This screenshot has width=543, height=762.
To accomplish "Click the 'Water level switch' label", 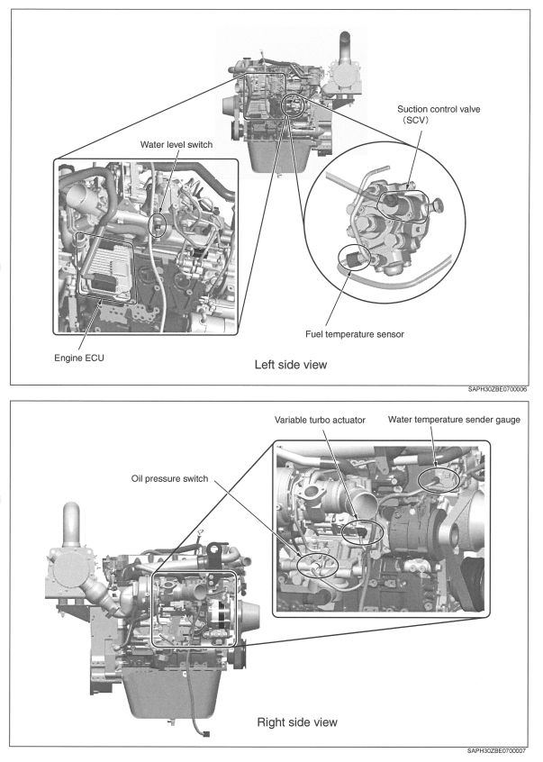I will [x=179, y=144].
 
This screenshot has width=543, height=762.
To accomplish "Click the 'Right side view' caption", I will [x=297, y=721].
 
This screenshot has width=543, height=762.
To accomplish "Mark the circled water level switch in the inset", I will [x=158, y=224].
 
